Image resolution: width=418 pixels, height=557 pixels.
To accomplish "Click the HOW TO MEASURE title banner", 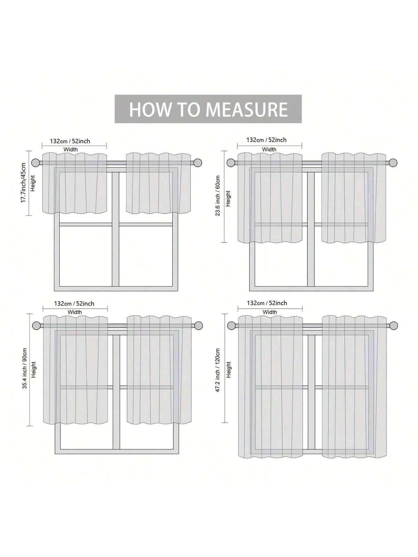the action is point(208,109).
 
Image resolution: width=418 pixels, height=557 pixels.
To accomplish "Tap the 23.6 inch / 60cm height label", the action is point(218,196).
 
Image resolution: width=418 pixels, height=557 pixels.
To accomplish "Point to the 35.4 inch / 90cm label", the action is point(25,368).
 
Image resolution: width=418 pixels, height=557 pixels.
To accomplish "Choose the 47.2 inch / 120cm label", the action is point(218,370).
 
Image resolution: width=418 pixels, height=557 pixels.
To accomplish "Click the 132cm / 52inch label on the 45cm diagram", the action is point(70,141).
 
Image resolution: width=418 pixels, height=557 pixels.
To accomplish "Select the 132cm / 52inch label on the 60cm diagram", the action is point(266,140).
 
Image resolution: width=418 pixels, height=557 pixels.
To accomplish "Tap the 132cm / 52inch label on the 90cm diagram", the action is point(74,304).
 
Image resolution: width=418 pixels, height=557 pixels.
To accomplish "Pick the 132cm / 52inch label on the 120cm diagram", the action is point(267,303).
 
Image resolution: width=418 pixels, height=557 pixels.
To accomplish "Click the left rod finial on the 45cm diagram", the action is point(35,163).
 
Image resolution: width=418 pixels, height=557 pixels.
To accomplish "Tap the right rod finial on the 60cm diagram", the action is point(393,163).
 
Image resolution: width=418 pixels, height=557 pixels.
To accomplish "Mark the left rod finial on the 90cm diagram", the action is point(36,325).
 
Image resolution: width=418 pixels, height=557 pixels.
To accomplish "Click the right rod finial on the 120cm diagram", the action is point(394,325).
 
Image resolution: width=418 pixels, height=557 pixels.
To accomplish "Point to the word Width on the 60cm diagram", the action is point(269,149).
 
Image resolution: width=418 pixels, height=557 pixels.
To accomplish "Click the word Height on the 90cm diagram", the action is point(34,370).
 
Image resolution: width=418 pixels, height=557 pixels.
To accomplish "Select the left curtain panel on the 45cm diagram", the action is point(75,183).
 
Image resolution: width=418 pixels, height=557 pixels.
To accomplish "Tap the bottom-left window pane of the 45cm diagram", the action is point(85,256).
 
